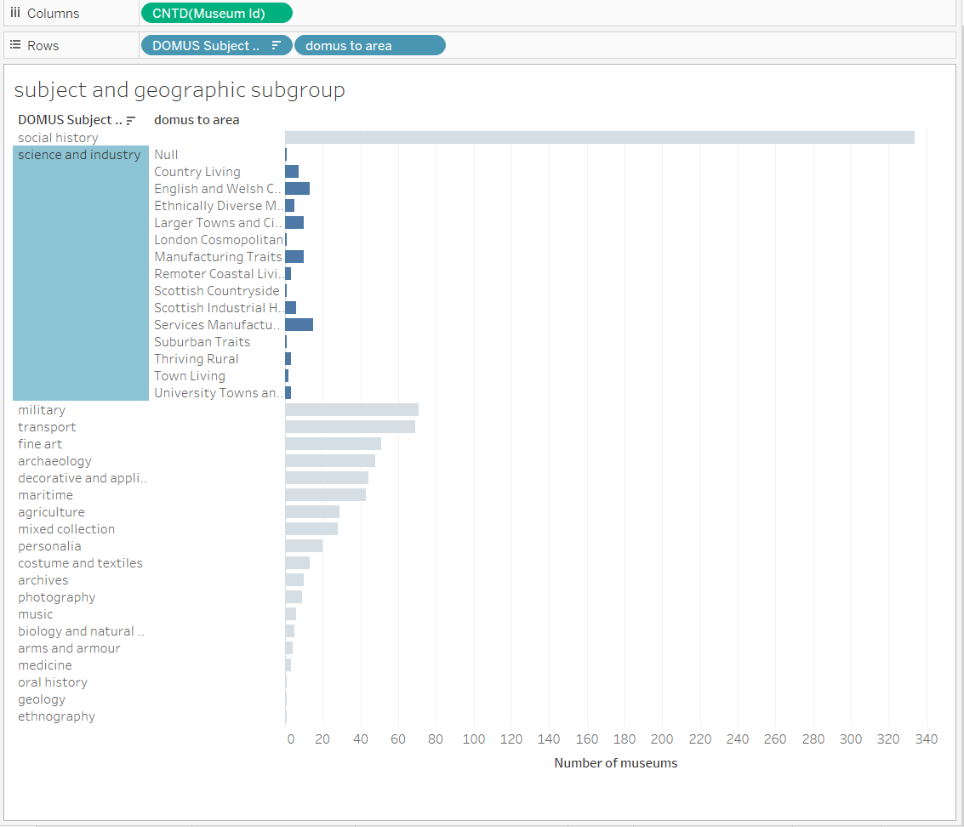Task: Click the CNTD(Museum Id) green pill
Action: coord(216,13)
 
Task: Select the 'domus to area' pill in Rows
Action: coord(369,45)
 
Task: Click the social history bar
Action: coord(599,138)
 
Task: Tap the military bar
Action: coord(351,410)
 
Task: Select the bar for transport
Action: coord(350,427)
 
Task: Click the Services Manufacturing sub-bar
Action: coord(299,325)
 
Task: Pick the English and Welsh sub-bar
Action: coord(297,189)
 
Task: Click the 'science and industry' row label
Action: coord(79,155)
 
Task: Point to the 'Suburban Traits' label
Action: coord(202,342)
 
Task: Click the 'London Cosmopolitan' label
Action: coord(218,240)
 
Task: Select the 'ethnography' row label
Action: coord(56,716)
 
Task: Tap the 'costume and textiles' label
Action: coord(80,563)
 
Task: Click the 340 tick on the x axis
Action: coord(927,739)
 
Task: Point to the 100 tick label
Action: coord(474,739)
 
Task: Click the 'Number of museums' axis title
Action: coord(615,763)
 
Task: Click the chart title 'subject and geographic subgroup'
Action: coord(180,90)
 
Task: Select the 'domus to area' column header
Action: coord(197,120)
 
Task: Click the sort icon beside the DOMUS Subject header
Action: coord(130,121)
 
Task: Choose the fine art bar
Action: coord(333,444)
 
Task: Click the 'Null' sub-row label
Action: coord(166,155)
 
